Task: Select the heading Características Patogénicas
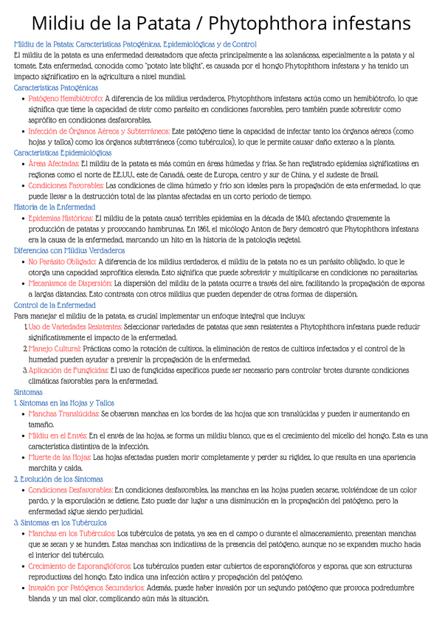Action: [56, 87]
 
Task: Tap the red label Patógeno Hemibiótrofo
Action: [66, 97]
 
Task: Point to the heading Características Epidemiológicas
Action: [63, 153]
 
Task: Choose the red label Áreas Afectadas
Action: [53, 163]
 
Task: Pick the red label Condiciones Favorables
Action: [66, 185]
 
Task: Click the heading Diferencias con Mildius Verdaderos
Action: [69, 251]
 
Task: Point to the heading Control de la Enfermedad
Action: [55, 305]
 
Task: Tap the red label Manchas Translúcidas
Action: [63, 414]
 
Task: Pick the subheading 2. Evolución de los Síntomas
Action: [58, 479]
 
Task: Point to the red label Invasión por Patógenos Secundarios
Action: [86, 588]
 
